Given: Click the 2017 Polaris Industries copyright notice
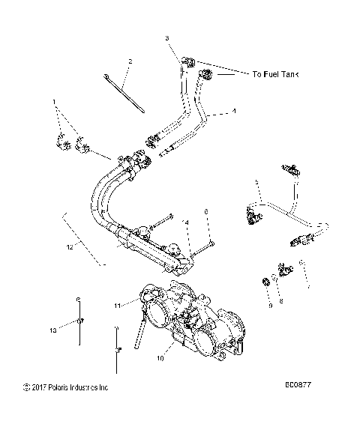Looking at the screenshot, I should pyautogui.click(x=66, y=387).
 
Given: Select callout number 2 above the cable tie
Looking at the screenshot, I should pyautogui.click(x=130, y=61).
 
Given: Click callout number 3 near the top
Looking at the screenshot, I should pyautogui.click(x=167, y=37).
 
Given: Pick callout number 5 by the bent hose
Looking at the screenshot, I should pyautogui.click(x=257, y=182).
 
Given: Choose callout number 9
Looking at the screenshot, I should pyautogui.click(x=269, y=306).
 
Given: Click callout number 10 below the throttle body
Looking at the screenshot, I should pyautogui.click(x=159, y=359).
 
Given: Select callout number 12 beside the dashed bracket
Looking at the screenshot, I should pyautogui.click(x=69, y=246).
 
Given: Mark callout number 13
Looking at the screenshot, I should pyautogui.click(x=52, y=329).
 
